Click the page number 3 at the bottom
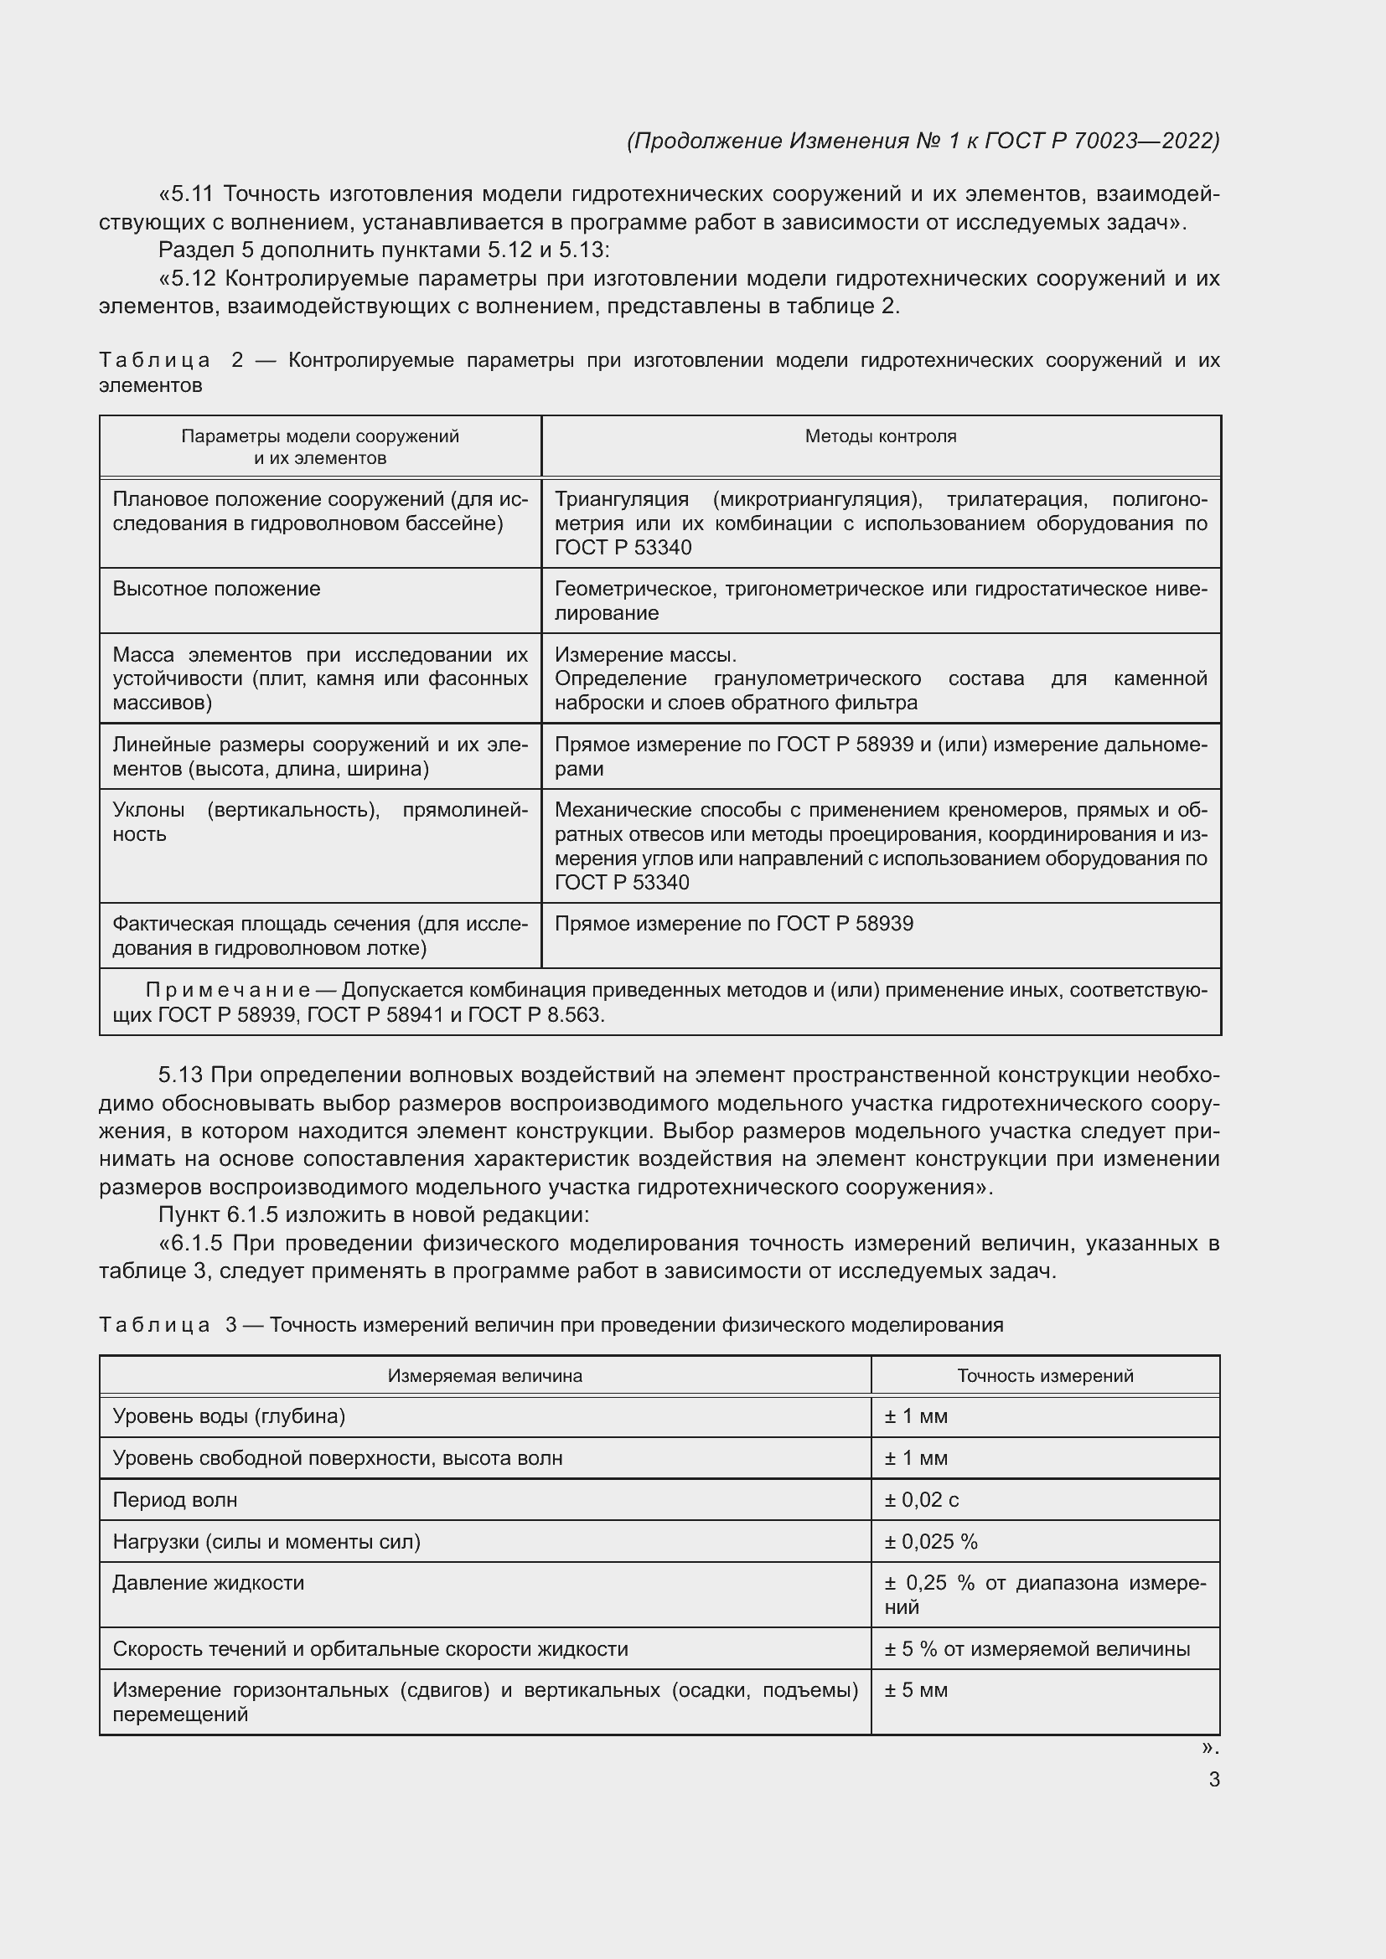[1213, 1779]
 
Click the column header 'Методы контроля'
[880, 436]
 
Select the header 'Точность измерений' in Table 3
[1045, 1375]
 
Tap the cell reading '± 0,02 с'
[921, 1499]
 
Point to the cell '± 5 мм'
[916, 1689]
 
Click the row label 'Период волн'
[175, 1499]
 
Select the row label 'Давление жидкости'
[209, 1583]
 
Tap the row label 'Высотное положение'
[216, 589]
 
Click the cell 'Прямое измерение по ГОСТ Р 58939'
[733, 923]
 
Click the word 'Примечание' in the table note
[228, 990]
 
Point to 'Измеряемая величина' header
[484, 1375]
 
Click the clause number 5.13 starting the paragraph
[180, 1075]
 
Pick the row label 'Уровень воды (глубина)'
[229, 1416]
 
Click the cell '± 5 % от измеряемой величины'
[1036, 1648]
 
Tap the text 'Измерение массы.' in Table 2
[645, 654]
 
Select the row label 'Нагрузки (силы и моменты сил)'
[266, 1541]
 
